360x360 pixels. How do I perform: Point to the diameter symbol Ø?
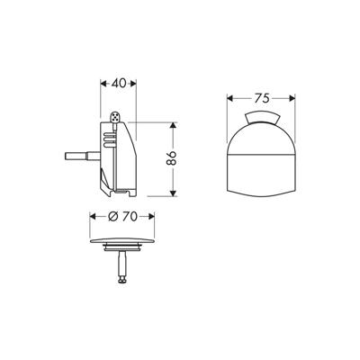coord(111,217)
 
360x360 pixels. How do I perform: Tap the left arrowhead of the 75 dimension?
coord(226,97)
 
